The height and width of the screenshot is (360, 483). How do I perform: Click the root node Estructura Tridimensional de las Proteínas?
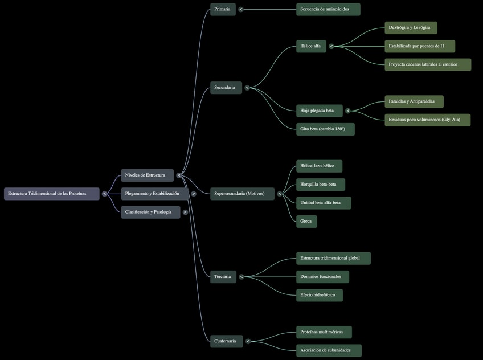pyautogui.click(x=51, y=194)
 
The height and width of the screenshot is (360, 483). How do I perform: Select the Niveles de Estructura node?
pyautogui.click(x=147, y=175)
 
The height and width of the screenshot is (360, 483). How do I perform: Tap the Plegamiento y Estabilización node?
pyautogui.click(x=154, y=194)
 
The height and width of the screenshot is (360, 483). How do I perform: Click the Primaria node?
pyautogui.click(x=223, y=9)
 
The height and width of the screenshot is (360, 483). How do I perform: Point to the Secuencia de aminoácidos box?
pyautogui.click(x=328, y=9)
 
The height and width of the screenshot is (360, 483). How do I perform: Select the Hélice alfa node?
pyautogui.click(x=311, y=46)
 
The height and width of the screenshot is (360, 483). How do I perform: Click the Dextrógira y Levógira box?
pyautogui.click(x=411, y=28)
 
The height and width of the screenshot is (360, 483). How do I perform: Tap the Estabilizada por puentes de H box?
pyautogui.click(x=420, y=46)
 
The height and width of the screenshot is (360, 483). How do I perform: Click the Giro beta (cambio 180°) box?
pyautogui.click(x=325, y=129)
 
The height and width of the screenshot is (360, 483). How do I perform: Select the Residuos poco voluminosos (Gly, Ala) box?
pyautogui.click(x=427, y=120)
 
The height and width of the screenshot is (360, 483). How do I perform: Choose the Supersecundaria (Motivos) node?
pyautogui.click(x=242, y=194)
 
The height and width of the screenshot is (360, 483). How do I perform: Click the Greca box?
pyautogui.click(x=306, y=221)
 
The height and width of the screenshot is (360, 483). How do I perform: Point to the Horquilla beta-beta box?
pyautogui.click(x=320, y=185)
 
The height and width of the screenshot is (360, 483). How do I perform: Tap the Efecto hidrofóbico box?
pyautogui.click(x=320, y=295)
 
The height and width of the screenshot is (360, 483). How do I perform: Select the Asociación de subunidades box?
pyautogui.click(x=329, y=350)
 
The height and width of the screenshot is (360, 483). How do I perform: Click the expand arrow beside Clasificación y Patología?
pyautogui.click(x=185, y=212)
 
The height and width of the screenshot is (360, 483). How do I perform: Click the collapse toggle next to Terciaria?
pyautogui.click(x=241, y=277)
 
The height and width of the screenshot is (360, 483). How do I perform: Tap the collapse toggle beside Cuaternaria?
pyautogui.click(x=248, y=341)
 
